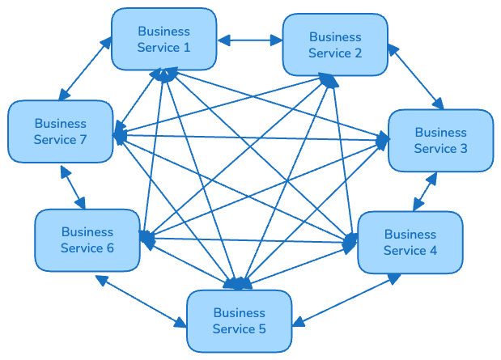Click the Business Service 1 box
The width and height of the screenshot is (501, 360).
point(163,40)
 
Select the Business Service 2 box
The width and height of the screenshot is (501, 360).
point(335,44)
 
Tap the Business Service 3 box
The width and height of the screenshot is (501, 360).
point(441,140)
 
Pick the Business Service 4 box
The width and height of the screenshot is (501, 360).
point(410,242)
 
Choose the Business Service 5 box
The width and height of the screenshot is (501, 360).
point(240,320)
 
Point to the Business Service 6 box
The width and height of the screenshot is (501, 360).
point(87,239)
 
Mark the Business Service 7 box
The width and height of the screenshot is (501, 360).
point(60,132)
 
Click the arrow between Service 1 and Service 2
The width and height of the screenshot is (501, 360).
point(249,38)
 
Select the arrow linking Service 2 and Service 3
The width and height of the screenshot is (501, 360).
point(415,76)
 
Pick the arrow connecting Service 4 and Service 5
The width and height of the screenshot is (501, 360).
point(346,300)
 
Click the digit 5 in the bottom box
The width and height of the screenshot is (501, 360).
point(261,328)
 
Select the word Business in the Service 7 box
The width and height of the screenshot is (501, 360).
point(60,124)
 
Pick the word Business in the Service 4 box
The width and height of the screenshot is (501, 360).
point(410,234)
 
